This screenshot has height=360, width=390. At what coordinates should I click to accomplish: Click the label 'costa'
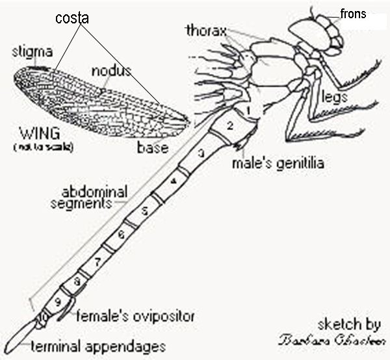[72, 19]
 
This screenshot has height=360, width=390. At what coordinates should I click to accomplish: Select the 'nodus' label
[111, 70]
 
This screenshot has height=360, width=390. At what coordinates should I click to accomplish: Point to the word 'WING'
[40, 136]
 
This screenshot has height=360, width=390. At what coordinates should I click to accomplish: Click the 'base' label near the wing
[153, 148]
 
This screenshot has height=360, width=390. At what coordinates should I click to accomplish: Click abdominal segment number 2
[229, 125]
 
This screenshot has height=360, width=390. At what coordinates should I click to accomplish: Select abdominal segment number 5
[145, 210]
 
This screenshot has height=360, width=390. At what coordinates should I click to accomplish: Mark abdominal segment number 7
[97, 263]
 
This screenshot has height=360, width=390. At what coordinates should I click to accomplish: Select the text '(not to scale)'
[39, 148]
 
